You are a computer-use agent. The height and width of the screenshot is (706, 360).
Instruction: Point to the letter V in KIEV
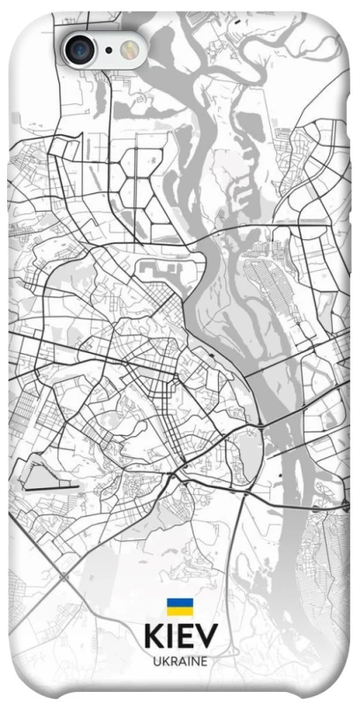coord(206,636)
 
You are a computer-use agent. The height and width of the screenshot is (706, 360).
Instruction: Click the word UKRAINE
coord(180,661)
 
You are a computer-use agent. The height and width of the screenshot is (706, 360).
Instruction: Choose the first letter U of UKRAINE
coord(156,661)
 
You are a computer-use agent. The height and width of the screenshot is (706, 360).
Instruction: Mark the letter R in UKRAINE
coord(172,661)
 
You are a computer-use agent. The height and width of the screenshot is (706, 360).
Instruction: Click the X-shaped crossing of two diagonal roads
coord(63,578)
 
